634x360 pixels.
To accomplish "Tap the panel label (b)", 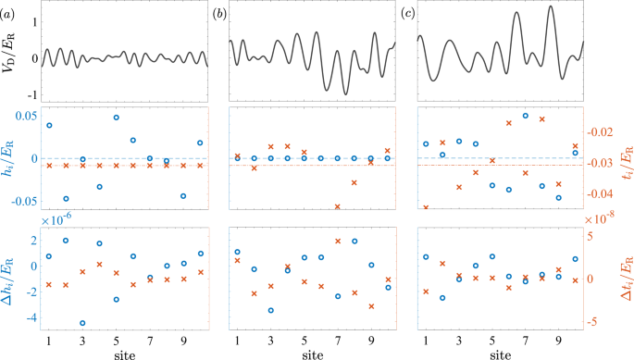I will coord(221,13).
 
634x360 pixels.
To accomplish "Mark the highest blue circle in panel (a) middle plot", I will coord(116,118).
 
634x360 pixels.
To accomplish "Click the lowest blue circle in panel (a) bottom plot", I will coord(82,323).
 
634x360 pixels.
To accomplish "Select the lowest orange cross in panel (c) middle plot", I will coord(426,207).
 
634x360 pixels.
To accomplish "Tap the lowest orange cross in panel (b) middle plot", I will coord(337,206).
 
